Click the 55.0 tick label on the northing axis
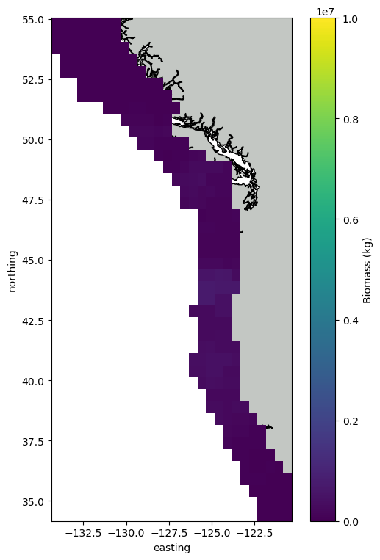(x=33, y=20)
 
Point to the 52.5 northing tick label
(x=33, y=80)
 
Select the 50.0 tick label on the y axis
(x=33, y=140)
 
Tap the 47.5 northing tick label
(x=33, y=200)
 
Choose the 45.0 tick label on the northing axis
(x=33, y=261)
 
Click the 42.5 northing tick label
(x=33, y=321)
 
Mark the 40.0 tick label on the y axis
(x=33, y=381)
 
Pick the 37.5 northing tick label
(x=33, y=441)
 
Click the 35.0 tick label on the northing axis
(x=33, y=502)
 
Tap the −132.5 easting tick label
(x=84, y=534)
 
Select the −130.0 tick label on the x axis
(x=126, y=534)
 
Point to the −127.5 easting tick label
(x=170, y=534)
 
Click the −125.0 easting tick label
(x=212, y=534)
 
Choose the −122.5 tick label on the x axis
(x=255, y=534)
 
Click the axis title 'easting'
(x=172, y=548)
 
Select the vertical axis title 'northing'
(x=12, y=272)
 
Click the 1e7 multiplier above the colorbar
(x=326, y=12)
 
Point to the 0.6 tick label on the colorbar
(x=350, y=220)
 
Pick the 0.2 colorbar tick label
(x=350, y=421)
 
